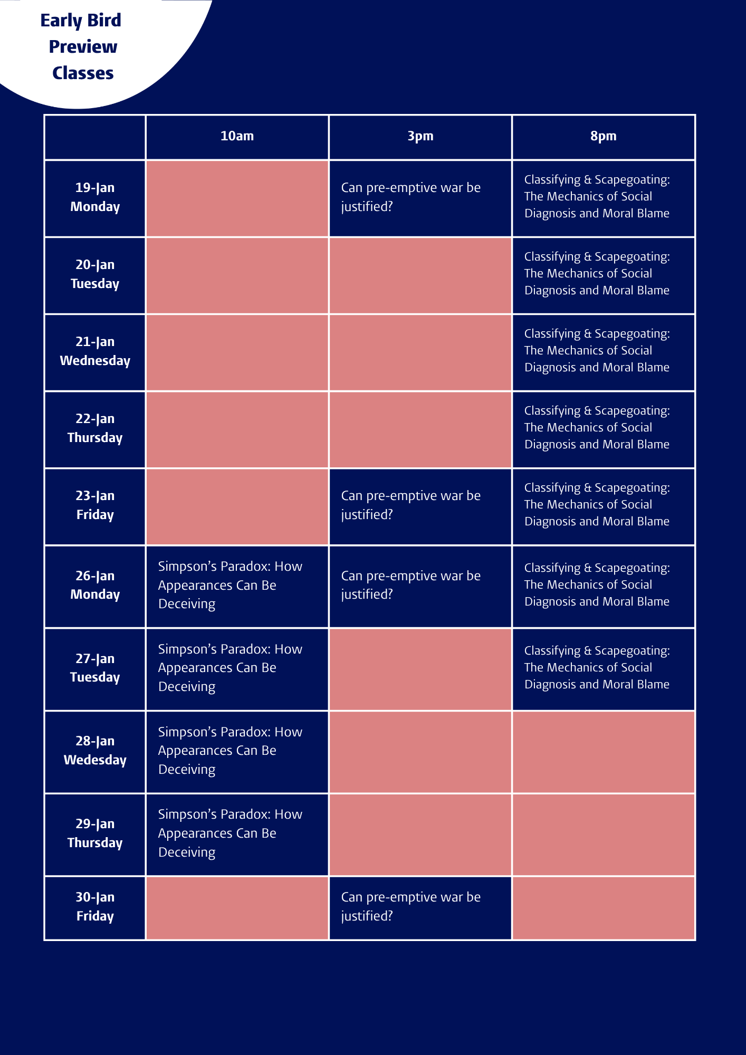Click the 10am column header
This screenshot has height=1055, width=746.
coord(237,136)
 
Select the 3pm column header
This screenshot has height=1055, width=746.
coord(420,136)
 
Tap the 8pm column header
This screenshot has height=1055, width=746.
coord(603,136)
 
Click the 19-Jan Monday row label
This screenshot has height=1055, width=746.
coord(95,197)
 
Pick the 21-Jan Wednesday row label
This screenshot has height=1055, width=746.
coord(95,351)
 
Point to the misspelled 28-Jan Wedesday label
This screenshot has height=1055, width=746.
coord(95,751)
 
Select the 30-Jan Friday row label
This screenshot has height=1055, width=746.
coord(95,907)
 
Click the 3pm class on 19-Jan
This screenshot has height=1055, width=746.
coord(410,197)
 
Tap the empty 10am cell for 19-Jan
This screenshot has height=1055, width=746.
coord(237,198)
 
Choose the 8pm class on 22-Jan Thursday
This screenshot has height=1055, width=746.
coord(597,427)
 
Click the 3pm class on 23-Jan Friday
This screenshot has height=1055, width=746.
coord(410,505)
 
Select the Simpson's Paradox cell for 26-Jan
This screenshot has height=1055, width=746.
coord(230,585)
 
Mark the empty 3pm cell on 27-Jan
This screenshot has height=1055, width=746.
coord(420,669)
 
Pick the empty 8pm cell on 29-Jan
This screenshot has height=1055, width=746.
coord(603,835)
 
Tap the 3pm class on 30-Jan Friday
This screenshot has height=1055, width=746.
coord(410,907)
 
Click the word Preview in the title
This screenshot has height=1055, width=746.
coord(83,47)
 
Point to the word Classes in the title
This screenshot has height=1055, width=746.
coord(83,73)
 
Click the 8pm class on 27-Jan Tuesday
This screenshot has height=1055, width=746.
coord(597,667)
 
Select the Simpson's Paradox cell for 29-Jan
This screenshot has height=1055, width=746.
coord(230,833)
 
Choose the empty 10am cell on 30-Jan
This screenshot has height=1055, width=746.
coord(237,908)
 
